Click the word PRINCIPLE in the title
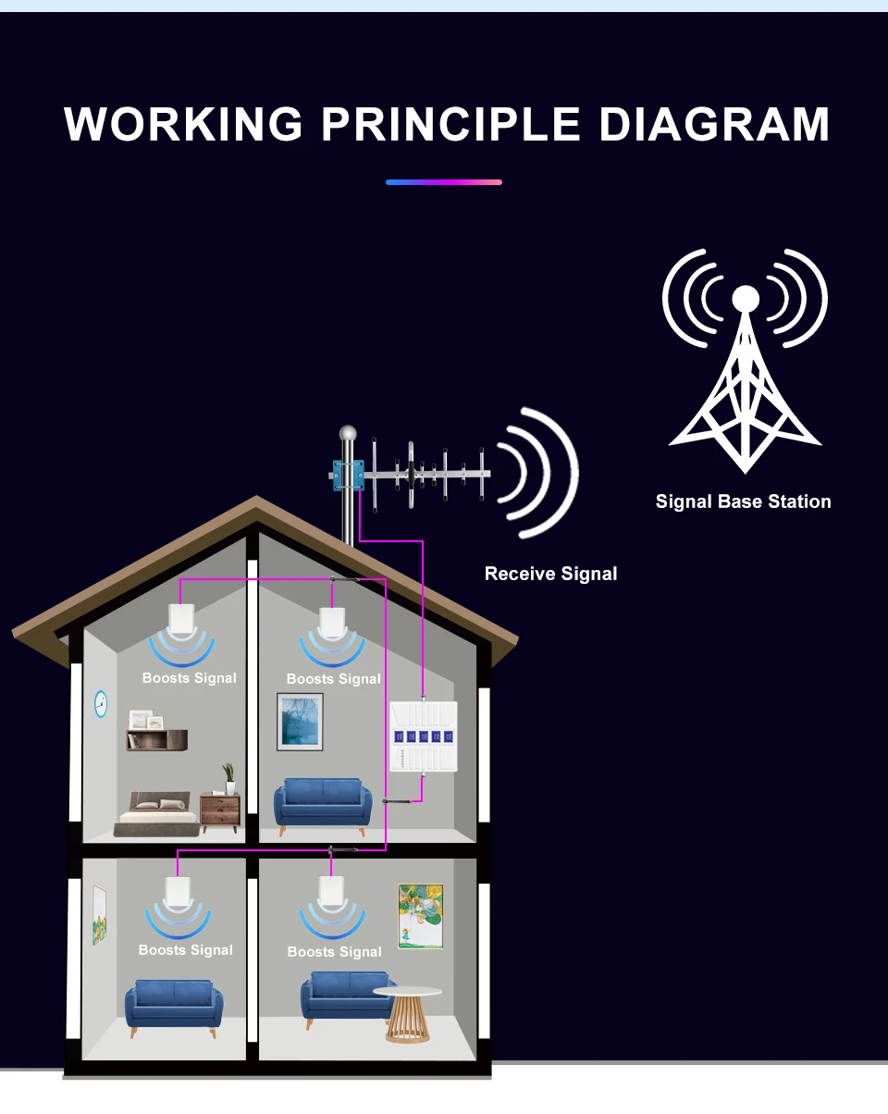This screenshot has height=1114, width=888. (x=450, y=125)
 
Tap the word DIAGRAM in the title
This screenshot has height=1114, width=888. (x=714, y=125)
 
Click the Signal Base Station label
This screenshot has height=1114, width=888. (x=743, y=501)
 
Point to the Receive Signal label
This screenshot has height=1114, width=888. (x=550, y=574)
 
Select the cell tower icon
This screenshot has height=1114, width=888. (x=744, y=361)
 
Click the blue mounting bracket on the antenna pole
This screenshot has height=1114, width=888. (x=348, y=475)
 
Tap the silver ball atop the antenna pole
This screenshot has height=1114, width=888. (x=348, y=433)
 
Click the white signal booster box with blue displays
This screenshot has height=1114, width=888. (x=423, y=736)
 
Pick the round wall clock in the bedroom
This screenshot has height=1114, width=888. (x=101, y=704)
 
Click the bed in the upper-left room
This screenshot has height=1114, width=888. (x=156, y=811)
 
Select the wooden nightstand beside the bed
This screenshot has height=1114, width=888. (x=220, y=811)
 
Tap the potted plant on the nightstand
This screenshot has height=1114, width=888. (x=228, y=776)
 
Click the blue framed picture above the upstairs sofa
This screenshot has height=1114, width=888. (x=300, y=722)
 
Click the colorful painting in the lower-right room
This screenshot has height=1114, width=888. (x=420, y=916)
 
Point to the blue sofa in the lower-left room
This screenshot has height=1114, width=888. (x=173, y=1004)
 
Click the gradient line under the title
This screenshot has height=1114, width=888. (x=444, y=182)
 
